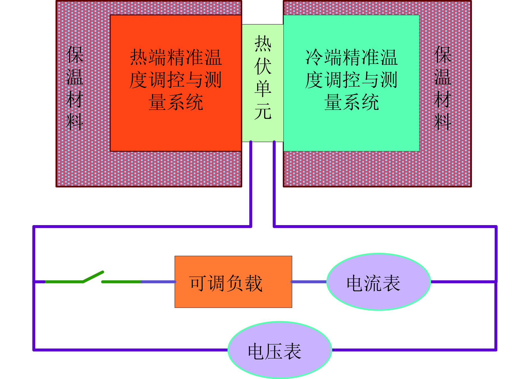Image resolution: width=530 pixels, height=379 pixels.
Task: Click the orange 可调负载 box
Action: click(x=233, y=282)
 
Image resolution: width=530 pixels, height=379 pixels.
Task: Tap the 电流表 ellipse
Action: click(x=379, y=282)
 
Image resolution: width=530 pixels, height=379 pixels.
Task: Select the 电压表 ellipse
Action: click(x=280, y=350)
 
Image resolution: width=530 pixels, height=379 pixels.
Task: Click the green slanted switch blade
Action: click(x=93, y=276)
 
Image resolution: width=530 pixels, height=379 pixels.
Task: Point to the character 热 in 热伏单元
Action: click(x=263, y=44)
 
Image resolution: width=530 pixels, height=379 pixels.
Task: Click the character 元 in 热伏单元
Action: click(x=263, y=111)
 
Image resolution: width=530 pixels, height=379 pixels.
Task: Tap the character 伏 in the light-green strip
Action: click(x=263, y=66)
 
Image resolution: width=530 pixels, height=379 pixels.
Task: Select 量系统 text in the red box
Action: click(x=176, y=102)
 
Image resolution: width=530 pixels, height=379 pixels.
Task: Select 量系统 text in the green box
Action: click(x=352, y=102)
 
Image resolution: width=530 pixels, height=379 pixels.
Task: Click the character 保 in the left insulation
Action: click(x=75, y=55)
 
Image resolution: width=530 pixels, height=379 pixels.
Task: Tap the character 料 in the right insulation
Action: click(x=443, y=122)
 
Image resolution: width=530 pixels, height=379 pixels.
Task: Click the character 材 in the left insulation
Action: click(x=75, y=99)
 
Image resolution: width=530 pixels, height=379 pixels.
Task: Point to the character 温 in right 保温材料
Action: click(x=443, y=77)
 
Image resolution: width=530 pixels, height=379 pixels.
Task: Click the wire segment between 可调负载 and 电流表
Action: click(x=309, y=282)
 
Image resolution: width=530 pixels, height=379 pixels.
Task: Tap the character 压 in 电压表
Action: click(x=274, y=351)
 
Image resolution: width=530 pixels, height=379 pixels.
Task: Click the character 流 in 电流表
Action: click(x=373, y=283)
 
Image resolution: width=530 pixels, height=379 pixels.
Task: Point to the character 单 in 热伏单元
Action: click(x=263, y=89)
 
